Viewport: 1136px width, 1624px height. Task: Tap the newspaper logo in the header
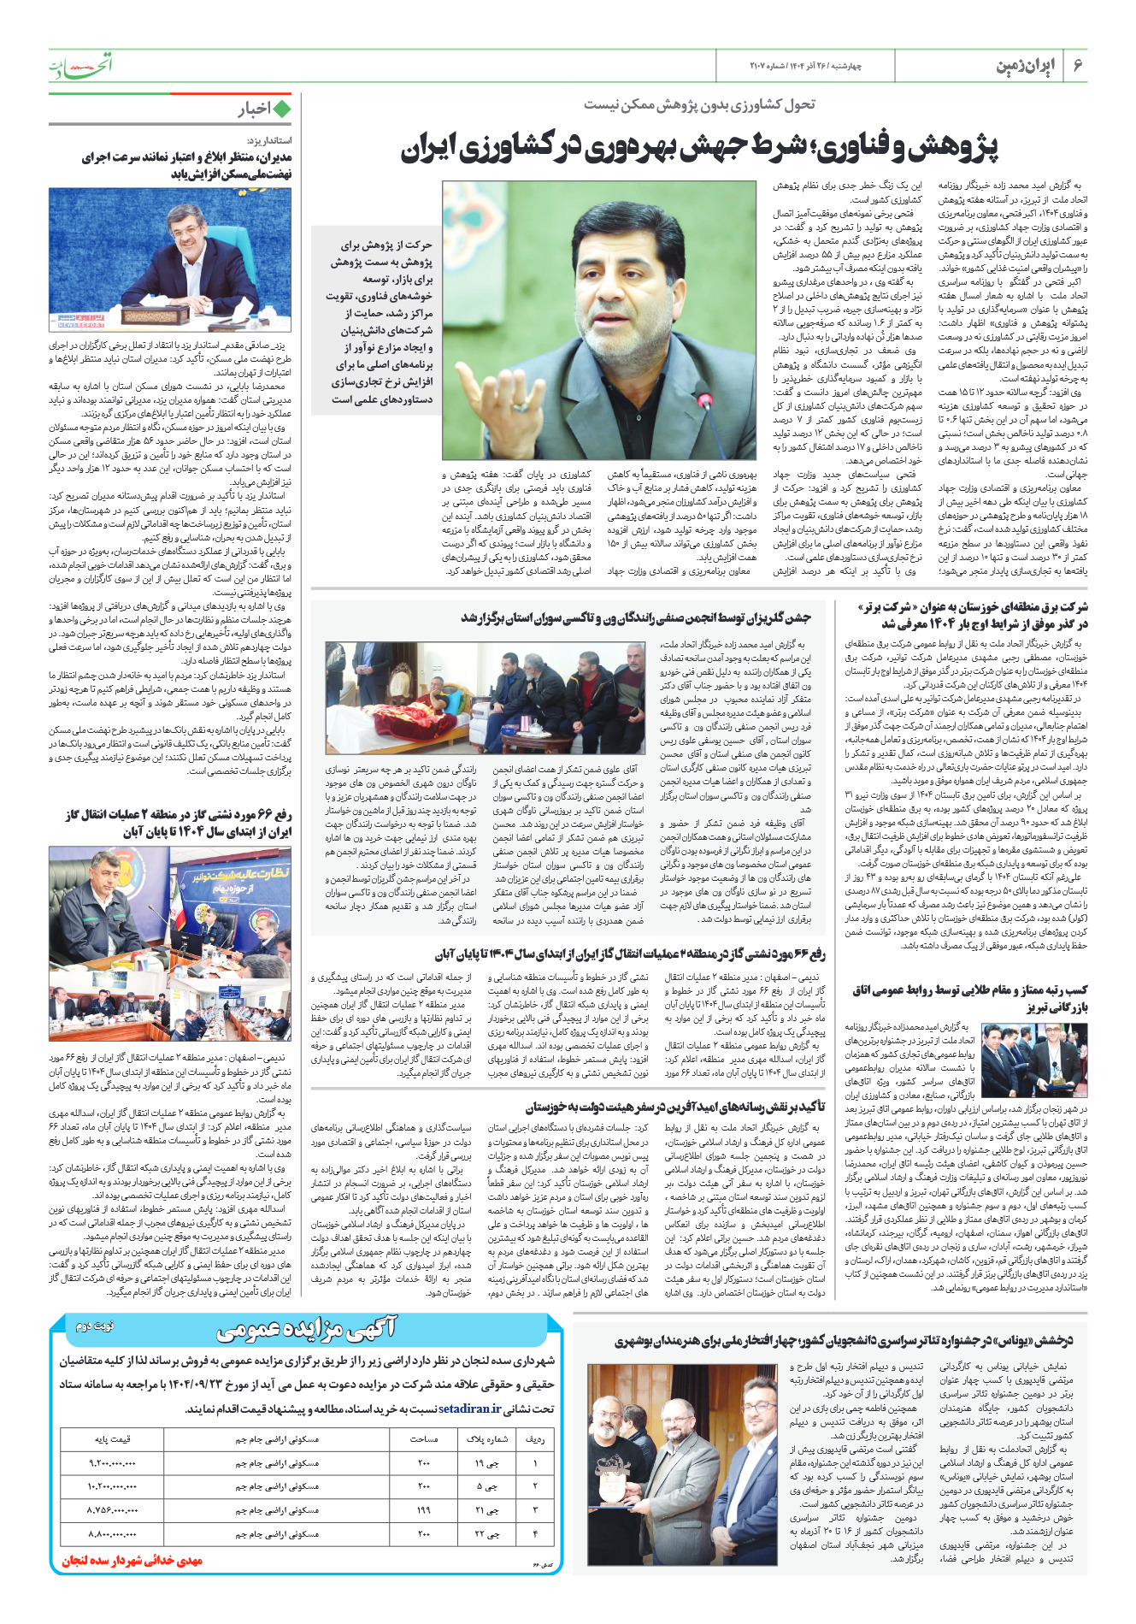pyautogui.click(x=79, y=65)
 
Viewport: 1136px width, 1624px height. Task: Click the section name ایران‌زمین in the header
pyautogui.click(x=1026, y=66)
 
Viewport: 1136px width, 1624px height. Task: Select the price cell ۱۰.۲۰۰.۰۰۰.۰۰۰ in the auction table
pyautogui.click(x=112, y=1486)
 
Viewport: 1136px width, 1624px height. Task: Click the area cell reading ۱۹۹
pyautogui.click(x=424, y=1510)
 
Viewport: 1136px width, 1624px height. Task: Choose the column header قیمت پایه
pyautogui.click(x=112, y=1439)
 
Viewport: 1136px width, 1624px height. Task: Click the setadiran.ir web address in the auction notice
pyautogui.click(x=470, y=1408)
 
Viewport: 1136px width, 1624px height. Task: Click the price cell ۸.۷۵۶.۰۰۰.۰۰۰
pyautogui.click(x=112, y=1510)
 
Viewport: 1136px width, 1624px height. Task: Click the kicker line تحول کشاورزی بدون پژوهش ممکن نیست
pyautogui.click(x=699, y=104)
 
